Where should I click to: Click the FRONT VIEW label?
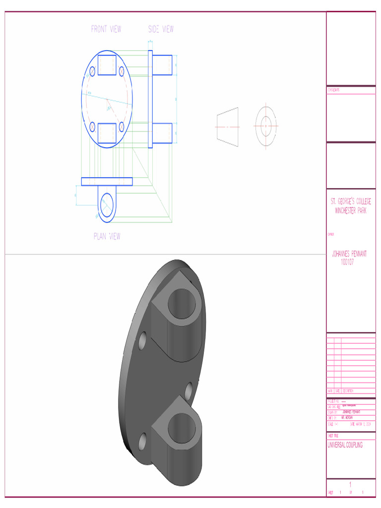pos(106,29)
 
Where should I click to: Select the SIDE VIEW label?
pos(161,29)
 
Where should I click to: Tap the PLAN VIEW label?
pos(107,237)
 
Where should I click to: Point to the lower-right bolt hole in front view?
pos(121,127)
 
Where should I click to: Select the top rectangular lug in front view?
pos(107,65)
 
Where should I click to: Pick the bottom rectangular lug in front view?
pos(107,133)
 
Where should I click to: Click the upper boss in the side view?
pos(162,65)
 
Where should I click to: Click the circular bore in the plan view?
pos(107,204)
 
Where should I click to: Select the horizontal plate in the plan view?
pos(107,182)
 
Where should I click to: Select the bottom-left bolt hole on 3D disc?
pos(143,441)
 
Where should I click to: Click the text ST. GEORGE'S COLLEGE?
pos(351,202)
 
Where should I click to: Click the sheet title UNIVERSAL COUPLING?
pos(345,445)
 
